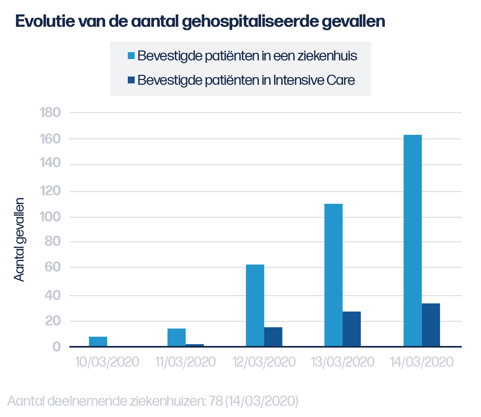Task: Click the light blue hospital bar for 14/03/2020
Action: [412, 240]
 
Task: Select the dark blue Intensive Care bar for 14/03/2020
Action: [431, 325]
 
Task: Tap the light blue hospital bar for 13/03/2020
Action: [333, 275]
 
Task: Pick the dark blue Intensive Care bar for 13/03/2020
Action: [351, 329]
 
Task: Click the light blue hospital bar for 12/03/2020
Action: [255, 305]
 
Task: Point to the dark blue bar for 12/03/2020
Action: [273, 337]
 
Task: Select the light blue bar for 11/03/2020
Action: [177, 337]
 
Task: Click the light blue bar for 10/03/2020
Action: [98, 341]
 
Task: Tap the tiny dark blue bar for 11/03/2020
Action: [195, 345]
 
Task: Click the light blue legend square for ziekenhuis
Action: [131, 56]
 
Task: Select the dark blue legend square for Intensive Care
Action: [131, 80]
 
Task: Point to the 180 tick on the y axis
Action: [51, 113]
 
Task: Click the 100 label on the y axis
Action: [51, 217]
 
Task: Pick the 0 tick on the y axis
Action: [57, 347]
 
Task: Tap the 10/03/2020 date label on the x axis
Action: [107, 362]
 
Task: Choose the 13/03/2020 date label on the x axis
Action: [343, 362]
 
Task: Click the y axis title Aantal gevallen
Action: [20, 240]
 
